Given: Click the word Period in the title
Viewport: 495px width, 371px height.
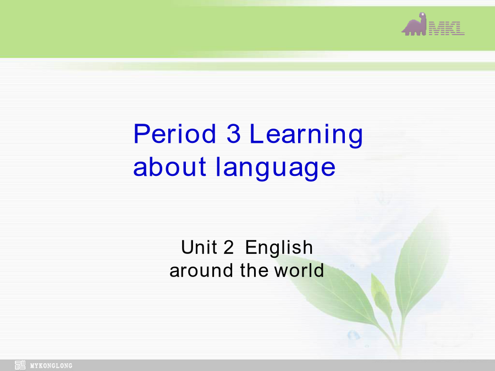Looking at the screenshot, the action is [174, 134].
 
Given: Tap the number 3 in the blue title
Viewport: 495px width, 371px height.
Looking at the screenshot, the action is [234, 134].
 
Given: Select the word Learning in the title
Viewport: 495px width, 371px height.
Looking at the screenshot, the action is [306, 136].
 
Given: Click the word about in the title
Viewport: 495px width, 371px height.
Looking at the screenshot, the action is [169, 167].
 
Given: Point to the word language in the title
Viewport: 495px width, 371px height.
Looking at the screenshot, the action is [276, 169].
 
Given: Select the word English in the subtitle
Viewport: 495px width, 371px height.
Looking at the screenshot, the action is [279, 248].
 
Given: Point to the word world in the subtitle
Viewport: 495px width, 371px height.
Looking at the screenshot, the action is [299, 270].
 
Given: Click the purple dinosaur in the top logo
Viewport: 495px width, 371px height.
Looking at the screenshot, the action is [414, 24].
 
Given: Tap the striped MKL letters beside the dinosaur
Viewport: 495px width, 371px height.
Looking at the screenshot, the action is [447, 28].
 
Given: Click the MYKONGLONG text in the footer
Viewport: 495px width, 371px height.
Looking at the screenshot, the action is [51, 366].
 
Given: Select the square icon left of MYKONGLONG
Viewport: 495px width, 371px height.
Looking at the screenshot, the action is [20, 365].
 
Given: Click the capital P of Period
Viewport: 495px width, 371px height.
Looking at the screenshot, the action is [141, 134].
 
